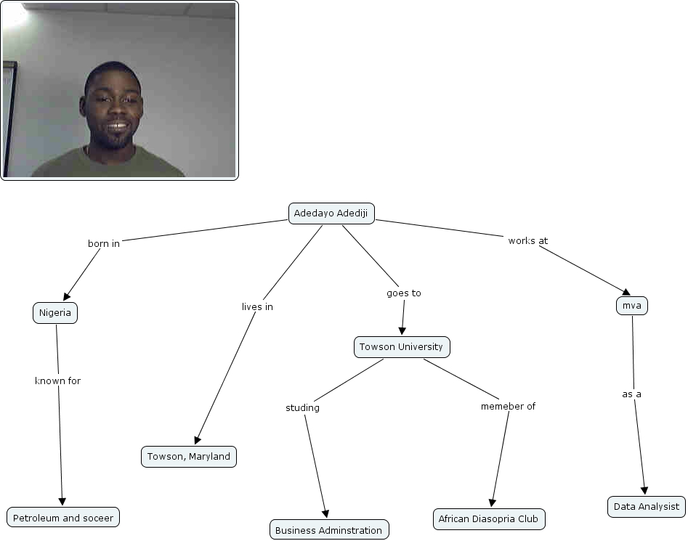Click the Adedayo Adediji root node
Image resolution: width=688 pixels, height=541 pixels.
click(x=332, y=213)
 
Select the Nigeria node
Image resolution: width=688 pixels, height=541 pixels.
click(x=55, y=313)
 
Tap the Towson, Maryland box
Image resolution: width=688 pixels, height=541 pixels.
click(x=189, y=457)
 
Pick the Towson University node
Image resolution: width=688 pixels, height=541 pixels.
click(x=402, y=347)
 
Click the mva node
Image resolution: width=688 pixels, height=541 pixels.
click(x=631, y=306)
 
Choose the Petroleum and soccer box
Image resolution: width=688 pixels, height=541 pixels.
click(x=63, y=518)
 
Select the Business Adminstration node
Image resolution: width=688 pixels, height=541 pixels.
click(x=329, y=530)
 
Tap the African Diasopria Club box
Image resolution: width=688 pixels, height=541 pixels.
click(x=488, y=519)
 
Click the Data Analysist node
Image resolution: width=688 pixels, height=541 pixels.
click(x=647, y=506)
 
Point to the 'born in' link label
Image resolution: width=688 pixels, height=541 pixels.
click(x=104, y=244)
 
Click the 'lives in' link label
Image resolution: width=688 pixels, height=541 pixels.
click(x=257, y=307)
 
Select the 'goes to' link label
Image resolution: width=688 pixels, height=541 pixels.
click(x=404, y=293)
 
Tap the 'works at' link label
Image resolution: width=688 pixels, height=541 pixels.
click(x=527, y=241)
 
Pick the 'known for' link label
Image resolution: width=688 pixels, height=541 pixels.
click(x=58, y=381)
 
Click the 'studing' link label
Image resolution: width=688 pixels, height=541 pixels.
click(x=302, y=408)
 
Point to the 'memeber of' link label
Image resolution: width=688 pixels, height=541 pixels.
click(x=508, y=407)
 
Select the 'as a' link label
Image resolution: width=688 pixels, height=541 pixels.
click(x=631, y=394)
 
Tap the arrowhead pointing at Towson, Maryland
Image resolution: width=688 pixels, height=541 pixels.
click(x=196, y=439)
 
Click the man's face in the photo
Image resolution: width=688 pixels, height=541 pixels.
click(x=113, y=109)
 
